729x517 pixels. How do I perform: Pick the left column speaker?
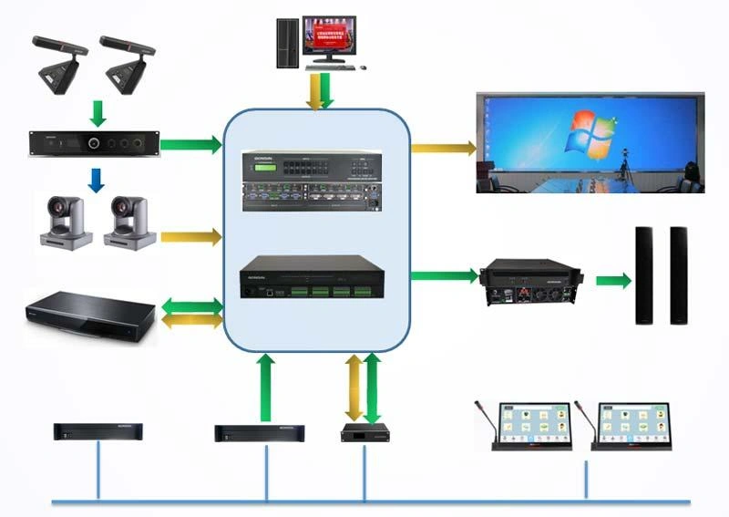[644, 275]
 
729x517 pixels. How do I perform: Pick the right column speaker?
[678, 275]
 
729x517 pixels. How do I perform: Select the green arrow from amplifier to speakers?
[612, 280]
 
